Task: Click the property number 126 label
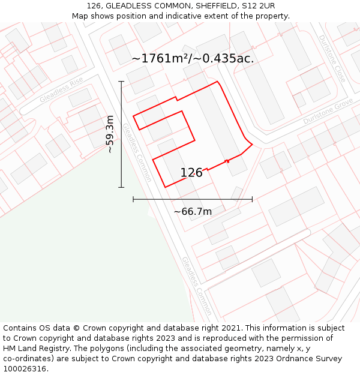191,173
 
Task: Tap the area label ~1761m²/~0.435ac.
193,58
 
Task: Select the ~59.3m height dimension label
110,134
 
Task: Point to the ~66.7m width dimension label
193,211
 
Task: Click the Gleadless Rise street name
61,90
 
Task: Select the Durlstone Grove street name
328,112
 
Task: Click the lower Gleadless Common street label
196,286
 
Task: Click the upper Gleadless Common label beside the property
137,152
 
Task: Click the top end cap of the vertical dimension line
121,82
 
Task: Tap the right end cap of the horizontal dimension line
252,199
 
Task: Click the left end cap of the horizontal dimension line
133,199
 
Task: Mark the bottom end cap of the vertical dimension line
121,187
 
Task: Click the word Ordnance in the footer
302,359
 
